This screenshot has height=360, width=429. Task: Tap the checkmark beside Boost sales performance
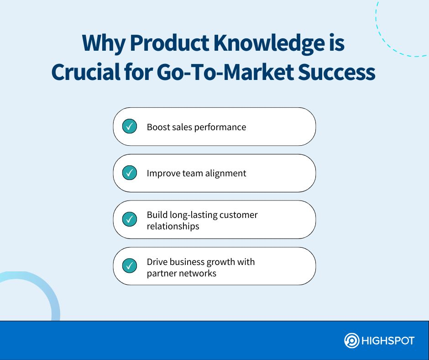(130, 127)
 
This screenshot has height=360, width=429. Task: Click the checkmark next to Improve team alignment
(130, 173)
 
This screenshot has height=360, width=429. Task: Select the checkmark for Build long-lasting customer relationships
(130, 219)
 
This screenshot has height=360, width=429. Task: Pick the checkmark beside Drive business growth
(130, 266)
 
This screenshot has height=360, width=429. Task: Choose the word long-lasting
(191, 215)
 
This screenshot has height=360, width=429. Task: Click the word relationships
(173, 226)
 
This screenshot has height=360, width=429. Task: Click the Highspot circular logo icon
(351, 341)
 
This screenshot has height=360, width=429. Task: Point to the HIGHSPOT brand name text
(388, 341)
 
